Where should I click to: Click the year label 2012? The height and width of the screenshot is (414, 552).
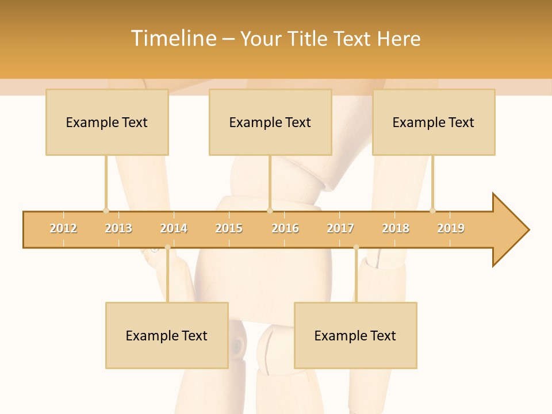coord(63,228)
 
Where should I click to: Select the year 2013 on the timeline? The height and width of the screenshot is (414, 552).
coord(118,228)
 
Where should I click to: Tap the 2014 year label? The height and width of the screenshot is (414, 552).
coord(174,228)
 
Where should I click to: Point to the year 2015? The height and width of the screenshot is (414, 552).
coord(229,228)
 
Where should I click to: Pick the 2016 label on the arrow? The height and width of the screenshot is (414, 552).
coord(285,228)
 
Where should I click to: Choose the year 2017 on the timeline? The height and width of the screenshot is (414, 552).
coord(340,228)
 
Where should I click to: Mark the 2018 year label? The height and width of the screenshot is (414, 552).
coord(396,228)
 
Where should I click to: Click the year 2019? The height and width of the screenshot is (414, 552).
coord(451,228)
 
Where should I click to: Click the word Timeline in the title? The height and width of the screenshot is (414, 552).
coord(172,39)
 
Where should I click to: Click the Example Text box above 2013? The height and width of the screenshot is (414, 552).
coord(107,122)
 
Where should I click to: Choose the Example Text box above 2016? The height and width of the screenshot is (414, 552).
coord(270,122)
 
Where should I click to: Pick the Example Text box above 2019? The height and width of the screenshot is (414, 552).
coord(434,122)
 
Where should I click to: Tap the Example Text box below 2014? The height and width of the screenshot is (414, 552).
coord(167,335)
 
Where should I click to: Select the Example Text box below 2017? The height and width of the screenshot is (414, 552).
coord(355,335)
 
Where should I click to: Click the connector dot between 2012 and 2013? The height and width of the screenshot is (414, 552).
coord(106,210)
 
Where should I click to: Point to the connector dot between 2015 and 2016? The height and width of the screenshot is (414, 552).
coord(270,210)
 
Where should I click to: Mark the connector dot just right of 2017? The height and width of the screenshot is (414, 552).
coord(356,247)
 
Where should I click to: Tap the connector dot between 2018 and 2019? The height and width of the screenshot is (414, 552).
coord(432,210)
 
